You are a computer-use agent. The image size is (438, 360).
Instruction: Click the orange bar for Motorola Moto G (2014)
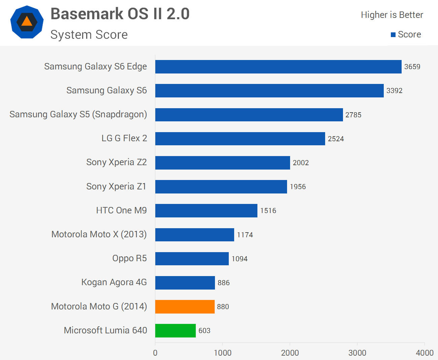[185, 306]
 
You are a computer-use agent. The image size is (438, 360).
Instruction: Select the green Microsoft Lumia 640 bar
[176, 330]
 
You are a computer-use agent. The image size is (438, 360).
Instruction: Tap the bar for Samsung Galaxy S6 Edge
[278, 66]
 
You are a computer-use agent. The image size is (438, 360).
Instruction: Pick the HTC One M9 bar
[206, 210]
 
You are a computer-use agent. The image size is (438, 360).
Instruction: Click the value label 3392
[394, 91]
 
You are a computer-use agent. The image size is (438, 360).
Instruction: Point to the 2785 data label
[353, 115]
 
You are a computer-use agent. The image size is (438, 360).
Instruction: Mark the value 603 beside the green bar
[204, 331]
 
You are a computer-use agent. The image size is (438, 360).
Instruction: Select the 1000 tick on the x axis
[222, 353]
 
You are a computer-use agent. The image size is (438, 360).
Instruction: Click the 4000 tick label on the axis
[425, 353]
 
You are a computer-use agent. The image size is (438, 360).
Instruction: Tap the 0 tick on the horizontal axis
[155, 353]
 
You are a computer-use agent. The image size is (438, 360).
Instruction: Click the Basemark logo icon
[27, 22]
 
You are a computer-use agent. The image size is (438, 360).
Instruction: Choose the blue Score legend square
[393, 35]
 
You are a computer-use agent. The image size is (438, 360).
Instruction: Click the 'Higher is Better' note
[392, 15]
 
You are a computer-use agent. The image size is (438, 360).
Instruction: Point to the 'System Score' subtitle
[89, 35]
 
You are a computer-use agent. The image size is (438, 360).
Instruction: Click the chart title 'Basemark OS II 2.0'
[120, 14]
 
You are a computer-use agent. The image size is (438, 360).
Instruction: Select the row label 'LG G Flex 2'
[124, 138]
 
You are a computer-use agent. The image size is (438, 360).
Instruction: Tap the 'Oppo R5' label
[129, 258]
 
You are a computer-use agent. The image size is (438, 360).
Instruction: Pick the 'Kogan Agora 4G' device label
[114, 282]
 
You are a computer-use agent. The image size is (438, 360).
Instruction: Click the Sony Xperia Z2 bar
[222, 162]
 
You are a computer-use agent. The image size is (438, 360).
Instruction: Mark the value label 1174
[245, 235]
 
